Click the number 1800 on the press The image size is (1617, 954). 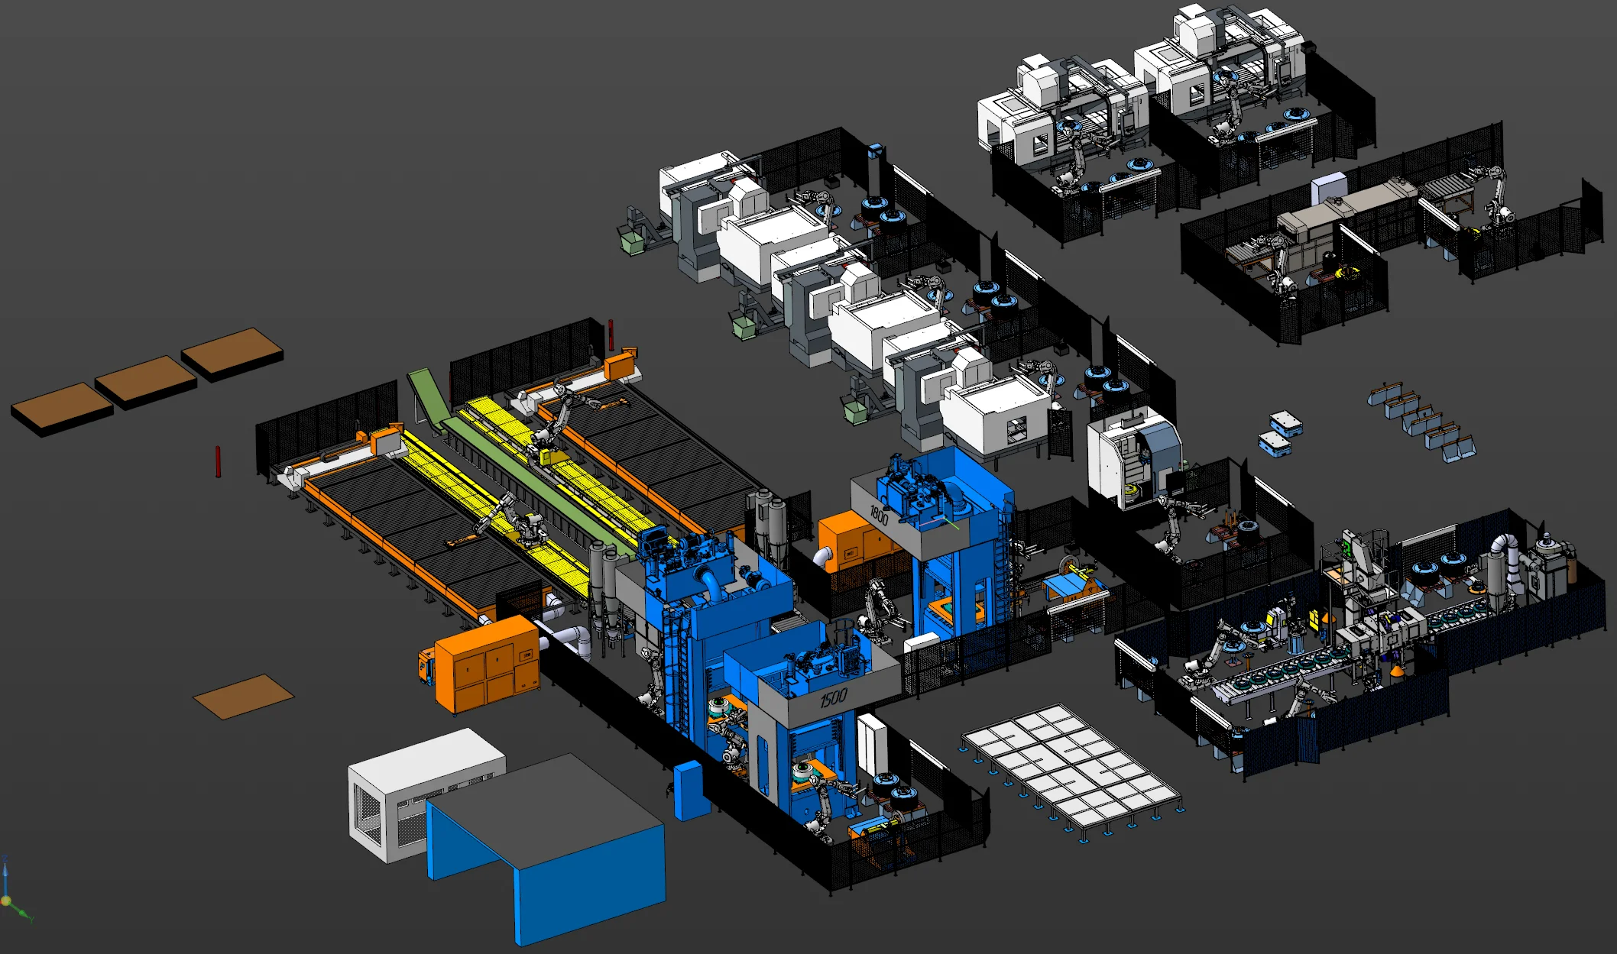tap(879, 516)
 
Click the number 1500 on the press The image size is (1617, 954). tap(833, 697)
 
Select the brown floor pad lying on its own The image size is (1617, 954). tap(243, 696)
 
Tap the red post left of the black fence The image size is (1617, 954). tap(218, 461)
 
